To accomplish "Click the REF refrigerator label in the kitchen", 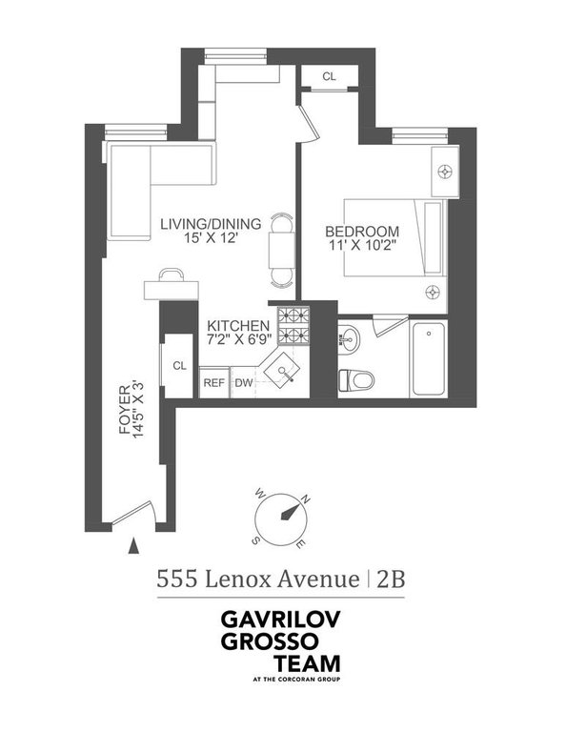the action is (214, 383).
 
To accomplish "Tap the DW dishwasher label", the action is (244, 383).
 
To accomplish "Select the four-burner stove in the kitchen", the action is (294, 326).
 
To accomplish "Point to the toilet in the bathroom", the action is (356, 379).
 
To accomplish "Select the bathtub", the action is (429, 358).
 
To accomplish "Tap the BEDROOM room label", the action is (362, 232).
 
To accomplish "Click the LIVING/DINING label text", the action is (211, 224).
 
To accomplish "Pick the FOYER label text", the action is (125, 410).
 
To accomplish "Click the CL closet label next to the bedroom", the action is (329, 76).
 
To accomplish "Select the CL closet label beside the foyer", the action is (180, 366).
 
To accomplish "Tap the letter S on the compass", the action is (255, 540).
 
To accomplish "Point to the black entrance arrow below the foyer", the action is (134, 546).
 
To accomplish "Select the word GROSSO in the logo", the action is (269, 640).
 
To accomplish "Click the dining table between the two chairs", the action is (282, 251).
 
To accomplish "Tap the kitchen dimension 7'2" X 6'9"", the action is (239, 339).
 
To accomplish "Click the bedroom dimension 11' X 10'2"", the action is (362, 245).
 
